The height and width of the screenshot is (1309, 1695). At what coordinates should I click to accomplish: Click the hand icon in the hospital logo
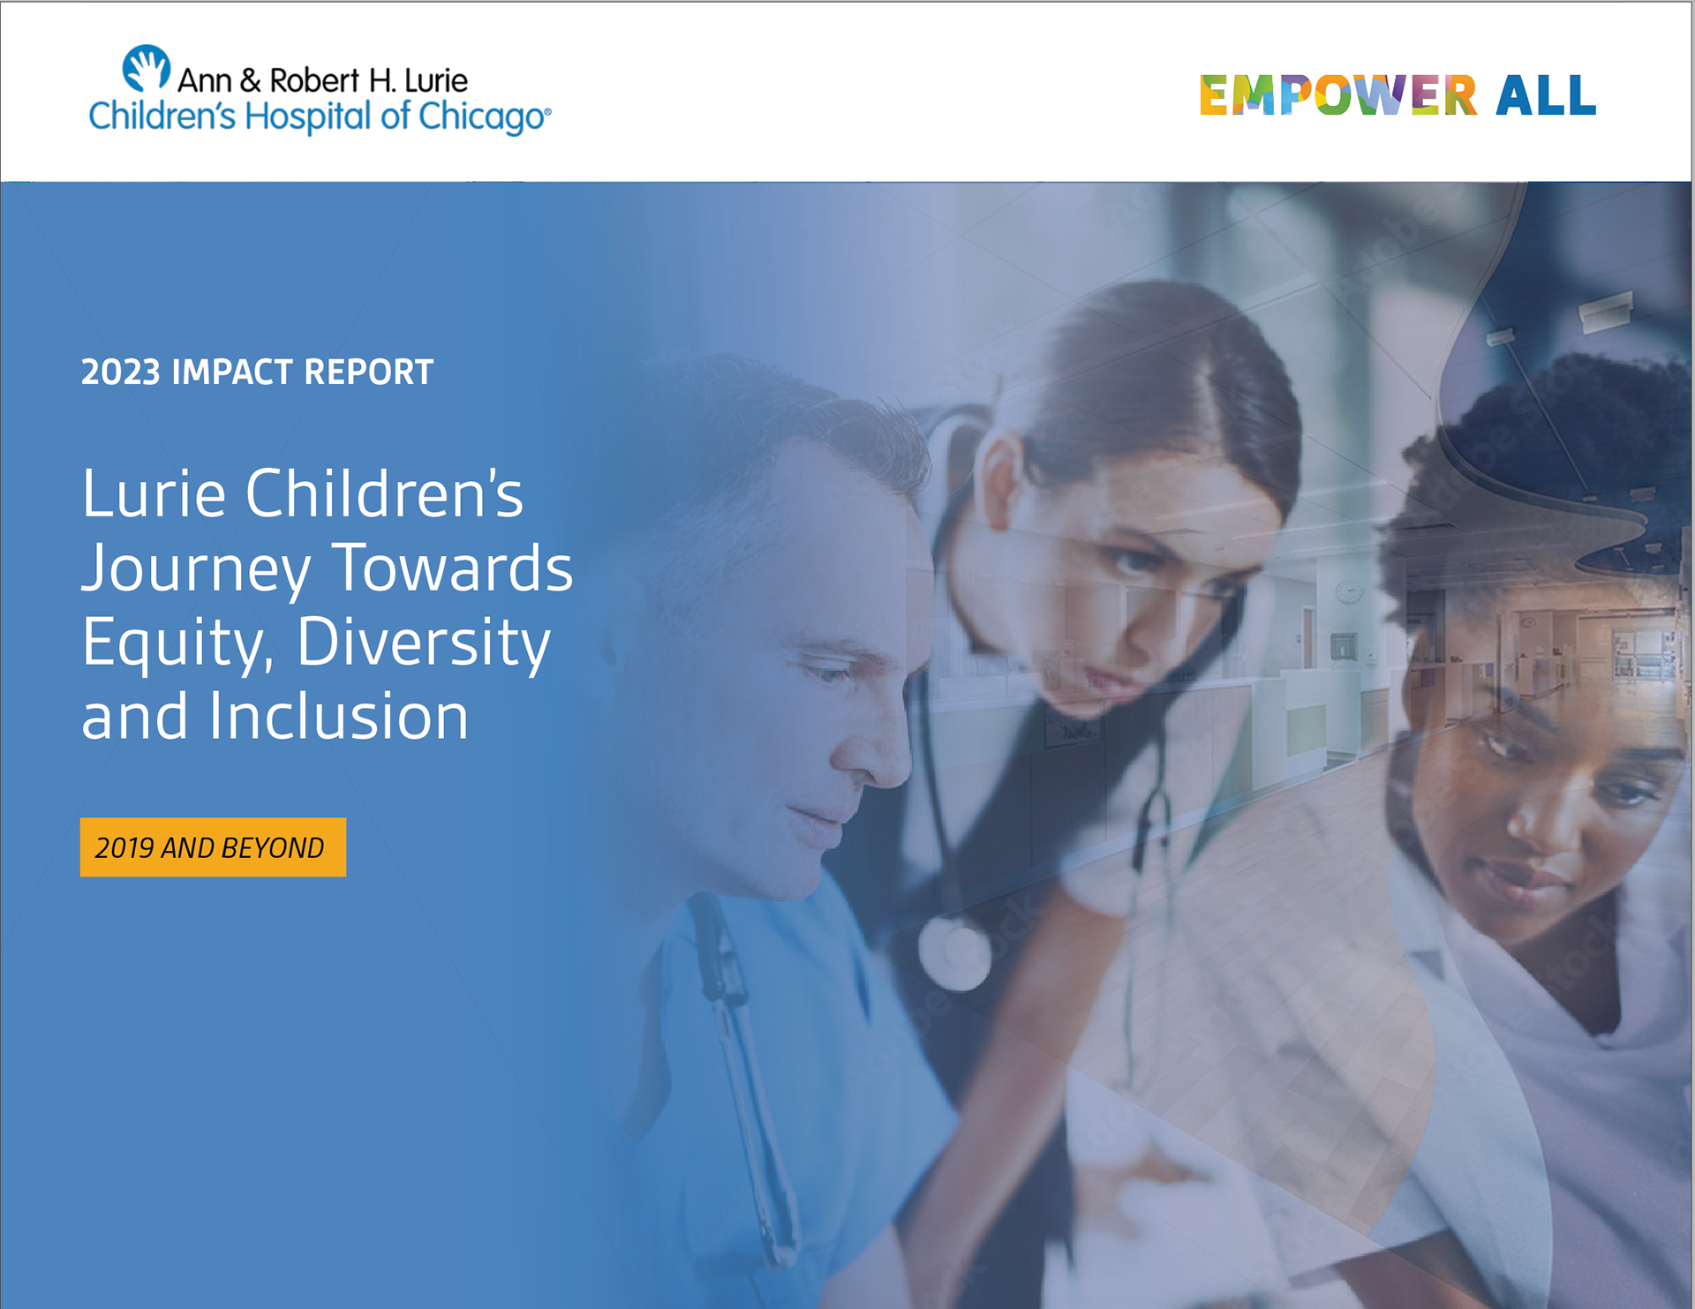(x=146, y=68)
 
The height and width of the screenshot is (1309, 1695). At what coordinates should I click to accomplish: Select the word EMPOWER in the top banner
(x=1337, y=95)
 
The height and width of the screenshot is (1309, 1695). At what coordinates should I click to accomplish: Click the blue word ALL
(x=1546, y=95)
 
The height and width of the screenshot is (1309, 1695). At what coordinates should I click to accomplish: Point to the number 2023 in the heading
(x=120, y=372)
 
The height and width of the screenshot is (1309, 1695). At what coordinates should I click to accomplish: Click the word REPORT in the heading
(x=368, y=372)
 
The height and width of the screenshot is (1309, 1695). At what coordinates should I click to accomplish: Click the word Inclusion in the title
(x=338, y=716)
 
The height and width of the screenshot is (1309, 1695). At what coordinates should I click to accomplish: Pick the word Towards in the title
(x=452, y=568)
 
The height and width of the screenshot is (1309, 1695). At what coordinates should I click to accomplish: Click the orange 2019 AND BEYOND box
(x=213, y=847)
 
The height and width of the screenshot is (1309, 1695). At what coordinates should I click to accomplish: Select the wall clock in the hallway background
(x=1349, y=591)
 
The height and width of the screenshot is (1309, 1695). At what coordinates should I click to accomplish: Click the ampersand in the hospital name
(x=250, y=81)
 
